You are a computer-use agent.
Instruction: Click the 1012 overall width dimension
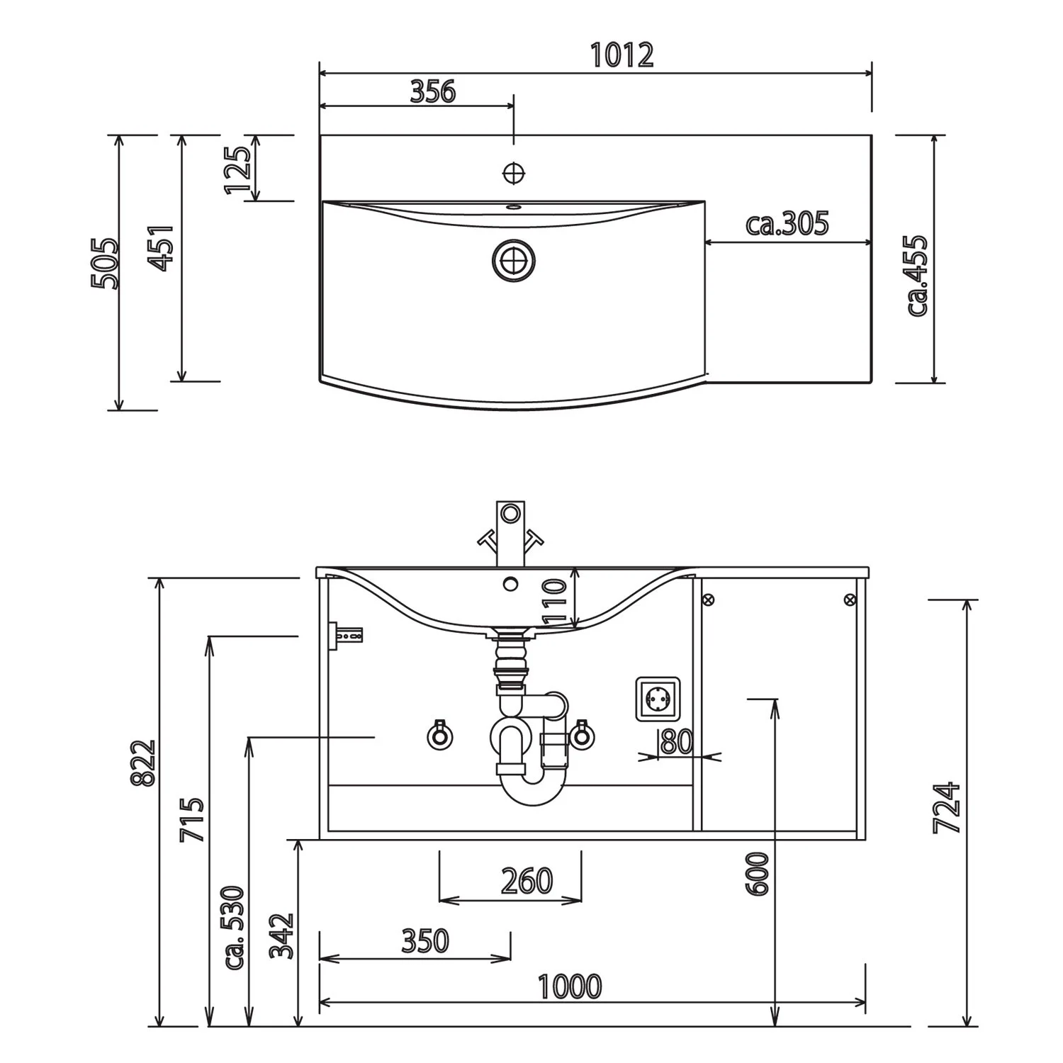tap(622, 55)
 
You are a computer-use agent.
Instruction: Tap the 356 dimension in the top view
tap(433, 91)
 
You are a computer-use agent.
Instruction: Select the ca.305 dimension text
tap(787, 224)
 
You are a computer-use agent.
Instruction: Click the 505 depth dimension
tap(104, 263)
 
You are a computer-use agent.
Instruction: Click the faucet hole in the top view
tap(513, 172)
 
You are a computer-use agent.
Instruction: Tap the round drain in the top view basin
tap(513, 260)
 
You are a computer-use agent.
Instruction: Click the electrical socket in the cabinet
tap(658, 699)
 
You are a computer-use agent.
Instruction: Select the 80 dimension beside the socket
tap(676, 742)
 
